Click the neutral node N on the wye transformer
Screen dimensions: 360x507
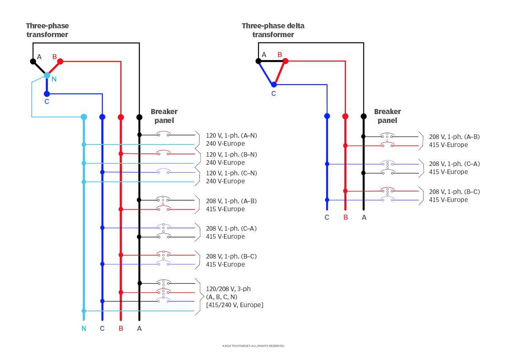point(47,76)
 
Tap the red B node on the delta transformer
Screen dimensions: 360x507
point(285,61)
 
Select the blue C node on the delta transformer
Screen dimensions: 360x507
point(274,85)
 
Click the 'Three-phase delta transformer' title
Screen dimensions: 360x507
point(273,30)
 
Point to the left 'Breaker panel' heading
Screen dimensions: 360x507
point(164,116)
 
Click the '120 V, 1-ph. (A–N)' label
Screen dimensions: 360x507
point(231,136)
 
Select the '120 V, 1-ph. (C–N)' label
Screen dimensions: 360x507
point(231,173)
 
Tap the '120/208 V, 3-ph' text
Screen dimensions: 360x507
point(228,289)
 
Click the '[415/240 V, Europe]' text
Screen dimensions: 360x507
point(234,305)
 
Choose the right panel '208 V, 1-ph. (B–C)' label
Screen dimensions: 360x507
point(454,192)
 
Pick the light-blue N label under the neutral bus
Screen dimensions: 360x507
point(84,328)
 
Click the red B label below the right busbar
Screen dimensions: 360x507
point(345,218)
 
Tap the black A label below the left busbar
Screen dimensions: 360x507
point(139,328)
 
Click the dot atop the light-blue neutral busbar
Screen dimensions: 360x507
point(84,117)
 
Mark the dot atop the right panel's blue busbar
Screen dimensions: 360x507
point(327,116)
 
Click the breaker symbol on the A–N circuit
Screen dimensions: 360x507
point(163,134)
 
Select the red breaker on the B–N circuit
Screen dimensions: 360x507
point(163,153)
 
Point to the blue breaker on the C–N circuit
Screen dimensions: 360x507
point(163,172)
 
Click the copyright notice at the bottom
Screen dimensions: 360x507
point(253,346)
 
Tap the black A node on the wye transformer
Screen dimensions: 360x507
point(33,61)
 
